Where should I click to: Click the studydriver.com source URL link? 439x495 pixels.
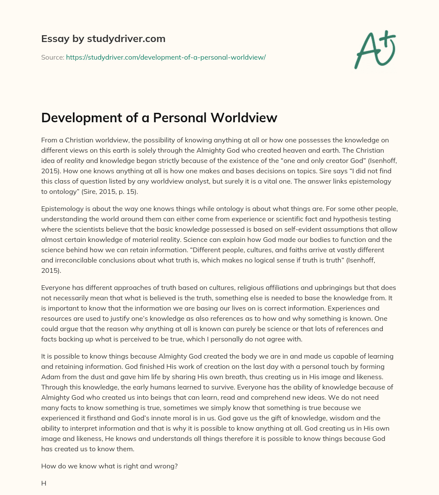(x=166, y=57)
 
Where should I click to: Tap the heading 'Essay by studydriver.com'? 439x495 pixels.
(x=103, y=39)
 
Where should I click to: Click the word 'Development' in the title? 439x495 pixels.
(x=81, y=118)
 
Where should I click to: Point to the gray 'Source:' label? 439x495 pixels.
(x=53, y=57)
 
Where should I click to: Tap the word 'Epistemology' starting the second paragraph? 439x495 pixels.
(x=62, y=209)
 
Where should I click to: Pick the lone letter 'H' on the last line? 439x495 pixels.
(x=44, y=483)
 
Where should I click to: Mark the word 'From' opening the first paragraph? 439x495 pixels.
(x=49, y=140)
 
